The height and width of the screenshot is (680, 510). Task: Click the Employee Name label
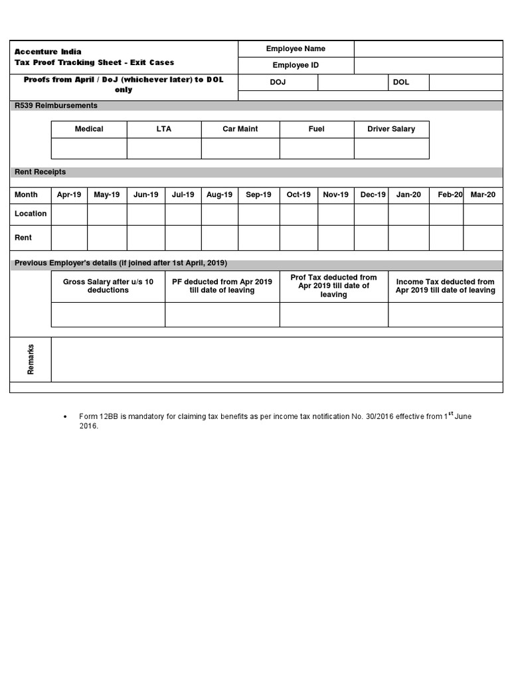pos(296,48)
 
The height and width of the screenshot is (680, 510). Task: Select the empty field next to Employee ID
pos(428,65)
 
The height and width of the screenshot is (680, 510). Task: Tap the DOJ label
pos(278,82)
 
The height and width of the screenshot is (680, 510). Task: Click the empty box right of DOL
pos(466,82)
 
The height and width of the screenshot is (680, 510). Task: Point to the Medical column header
pos(89,129)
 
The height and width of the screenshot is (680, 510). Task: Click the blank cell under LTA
pos(164,149)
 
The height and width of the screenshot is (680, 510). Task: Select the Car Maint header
pos(240,129)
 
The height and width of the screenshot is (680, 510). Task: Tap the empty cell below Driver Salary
pos(391,149)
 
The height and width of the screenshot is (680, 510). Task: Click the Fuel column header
pos(317,129)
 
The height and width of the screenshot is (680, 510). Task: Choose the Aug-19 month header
pos(220,195)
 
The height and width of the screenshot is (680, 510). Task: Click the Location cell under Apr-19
pos(69,214)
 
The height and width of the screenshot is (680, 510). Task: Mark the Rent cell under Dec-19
pos(371,238)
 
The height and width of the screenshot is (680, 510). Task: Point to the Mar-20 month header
pos(483,195)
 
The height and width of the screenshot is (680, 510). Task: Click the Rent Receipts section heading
pos(41,172)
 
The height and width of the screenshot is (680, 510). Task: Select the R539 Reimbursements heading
pos(56,106)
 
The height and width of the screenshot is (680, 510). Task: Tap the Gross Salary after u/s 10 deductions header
pos(108,286)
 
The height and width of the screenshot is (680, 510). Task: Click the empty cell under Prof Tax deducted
pos(334,315)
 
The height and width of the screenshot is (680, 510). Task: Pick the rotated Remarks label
pos(31,359)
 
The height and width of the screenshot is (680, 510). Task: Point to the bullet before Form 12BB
pos(64,417)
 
